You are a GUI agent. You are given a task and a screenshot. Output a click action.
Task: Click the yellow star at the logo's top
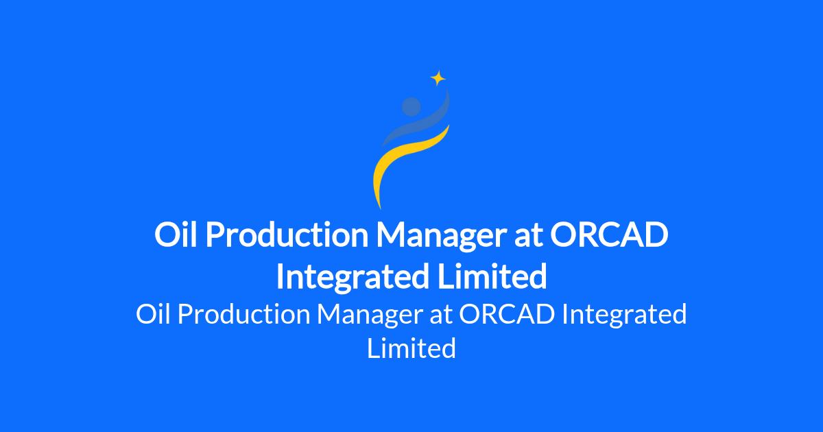[438, 78]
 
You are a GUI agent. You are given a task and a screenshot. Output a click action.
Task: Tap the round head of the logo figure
[411, 106]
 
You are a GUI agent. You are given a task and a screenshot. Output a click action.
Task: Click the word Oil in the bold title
[176, 235]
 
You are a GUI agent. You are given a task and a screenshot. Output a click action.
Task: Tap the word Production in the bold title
[287, 235]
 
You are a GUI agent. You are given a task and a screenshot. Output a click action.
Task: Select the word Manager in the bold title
[441, 237]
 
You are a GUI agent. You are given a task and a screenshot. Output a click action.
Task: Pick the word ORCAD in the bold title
[609, 235]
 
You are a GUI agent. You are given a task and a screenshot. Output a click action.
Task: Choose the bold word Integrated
[353, 277]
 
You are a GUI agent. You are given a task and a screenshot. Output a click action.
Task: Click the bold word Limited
[492, 276]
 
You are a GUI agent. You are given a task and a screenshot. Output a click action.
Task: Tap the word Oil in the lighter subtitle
[153, 314]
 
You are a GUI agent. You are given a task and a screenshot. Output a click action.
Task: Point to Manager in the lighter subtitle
[370, 317]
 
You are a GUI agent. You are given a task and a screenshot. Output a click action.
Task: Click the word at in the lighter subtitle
[440, 316]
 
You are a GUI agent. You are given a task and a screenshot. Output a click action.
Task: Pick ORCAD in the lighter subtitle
[507, 314]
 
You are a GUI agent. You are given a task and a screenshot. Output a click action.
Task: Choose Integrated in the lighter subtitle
[624, 316]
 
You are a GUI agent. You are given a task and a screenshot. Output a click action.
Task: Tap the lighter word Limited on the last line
[411, 348]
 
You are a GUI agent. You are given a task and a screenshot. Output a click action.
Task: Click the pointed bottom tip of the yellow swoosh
[380, 208]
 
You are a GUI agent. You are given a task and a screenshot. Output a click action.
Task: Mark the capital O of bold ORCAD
[563, 235]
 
